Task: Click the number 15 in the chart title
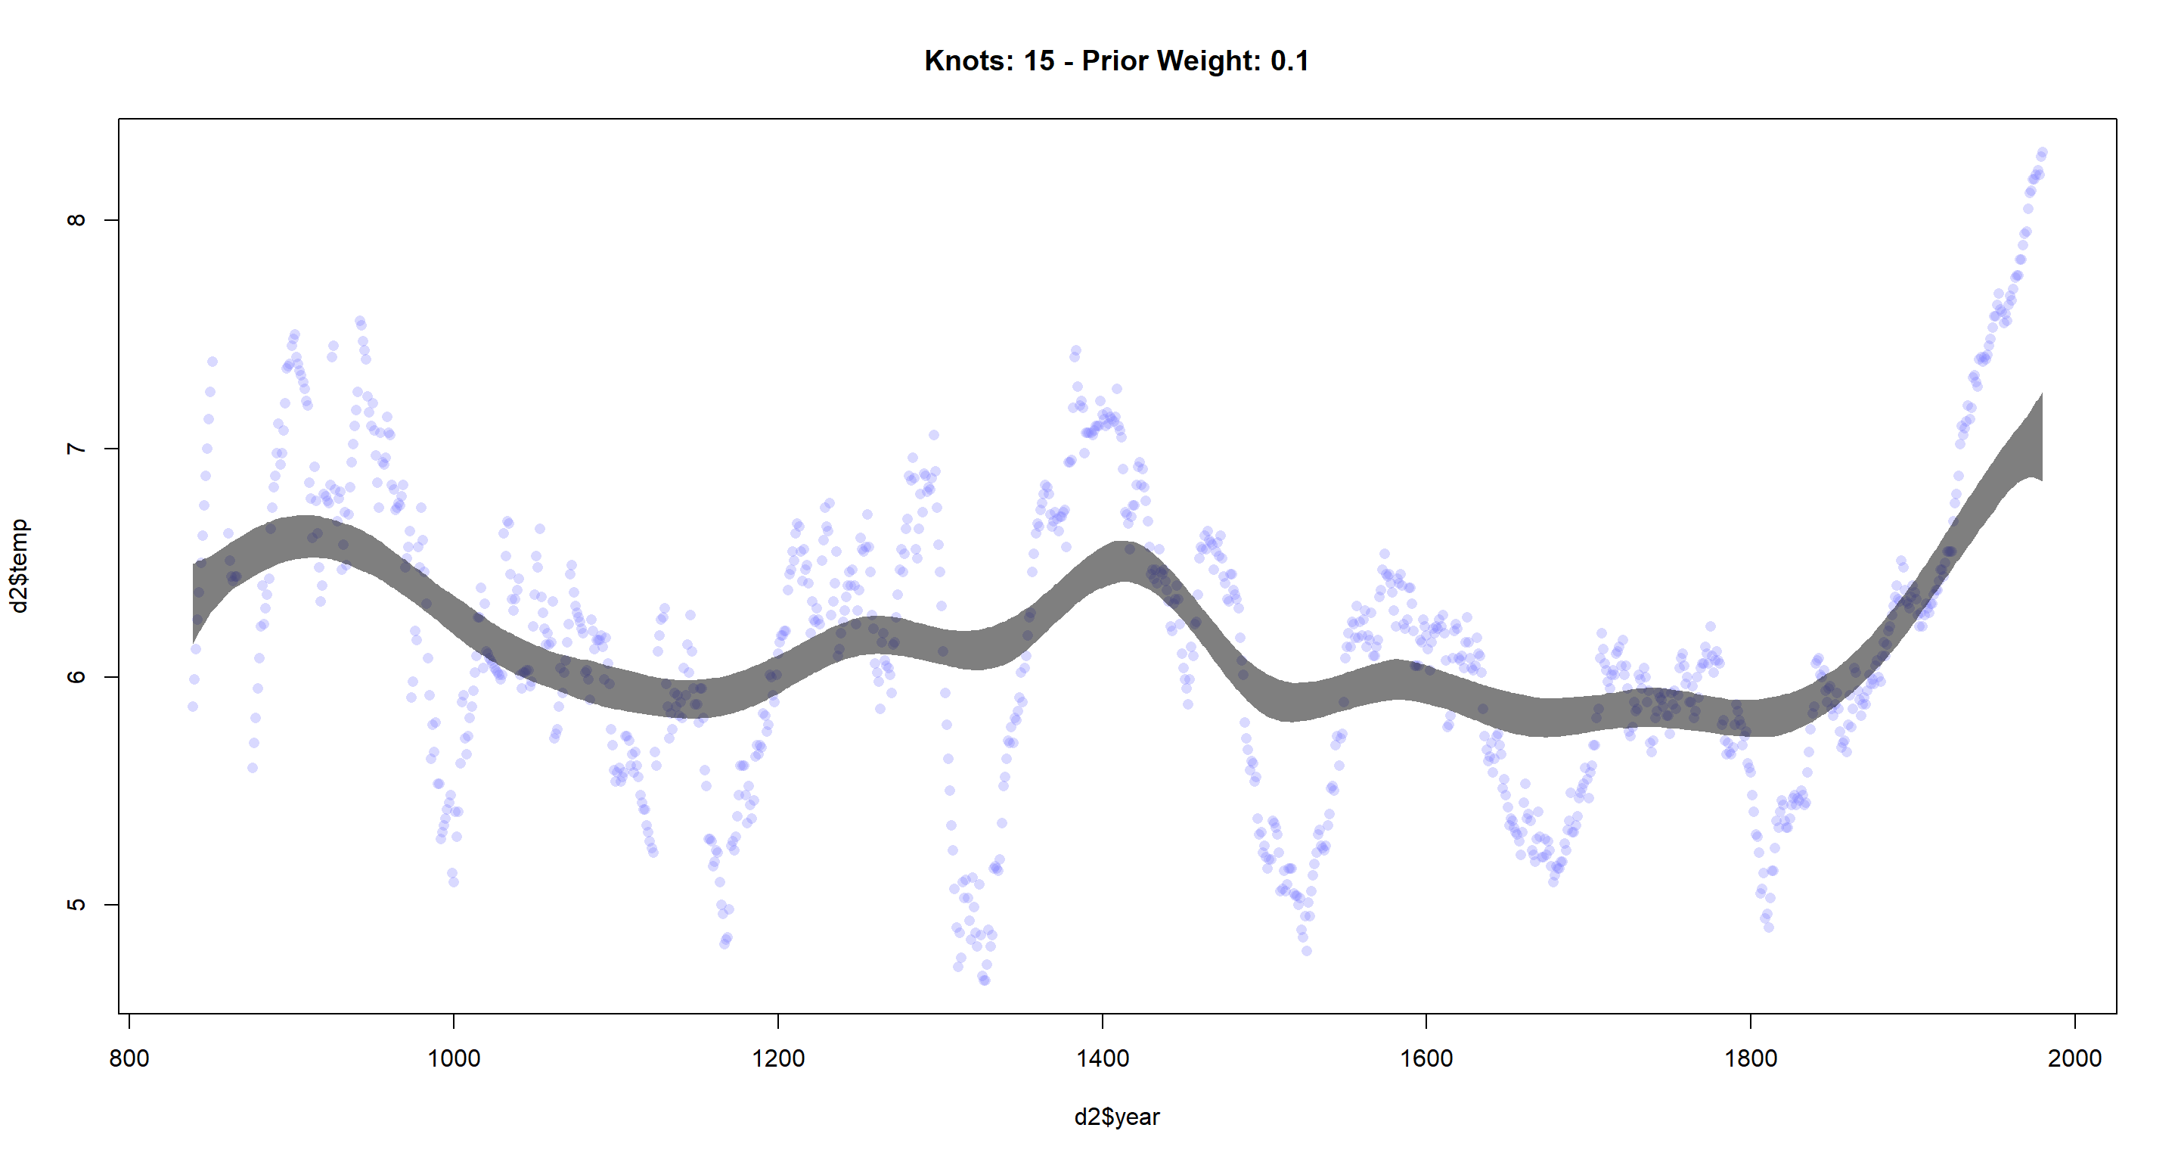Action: [x=1039, y=61]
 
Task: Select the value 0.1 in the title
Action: [x=1289, y=61]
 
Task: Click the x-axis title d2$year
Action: [x=1117, y=1117]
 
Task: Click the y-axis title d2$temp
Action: [x=20, y=566]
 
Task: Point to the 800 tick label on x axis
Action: [x=129, y=1058]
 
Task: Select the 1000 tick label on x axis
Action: [x=454, y=1058]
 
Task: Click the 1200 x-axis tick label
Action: [x=778, y=1058]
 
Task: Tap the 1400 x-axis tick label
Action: [x=1103, y=1058]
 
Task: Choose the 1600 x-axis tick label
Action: [x=1426, y=1058]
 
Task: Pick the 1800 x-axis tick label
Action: [x=1751, y=1058]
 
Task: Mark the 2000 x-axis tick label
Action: [x=2075, y=1058]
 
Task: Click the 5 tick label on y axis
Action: [x=76, y=905]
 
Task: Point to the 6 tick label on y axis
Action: [x=76, y=676]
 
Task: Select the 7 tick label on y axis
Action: [x=76, y=448]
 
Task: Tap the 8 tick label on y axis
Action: [x=76, y=220]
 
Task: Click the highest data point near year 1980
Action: [x=2042, y=153]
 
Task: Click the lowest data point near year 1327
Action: [x=984, y=980]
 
